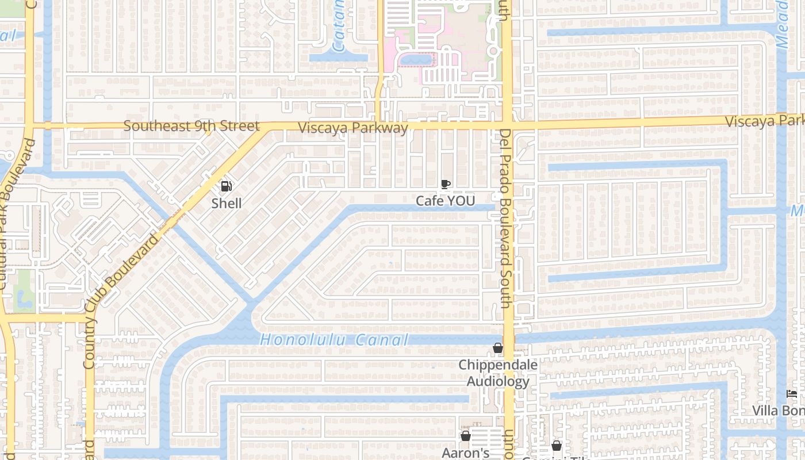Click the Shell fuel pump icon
pos(227,186)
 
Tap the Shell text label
pos(227,203)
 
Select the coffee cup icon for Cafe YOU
pos(445,185)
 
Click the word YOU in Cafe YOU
pos(461,201)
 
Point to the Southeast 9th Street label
pos(191,126)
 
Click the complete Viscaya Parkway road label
pos(352,128)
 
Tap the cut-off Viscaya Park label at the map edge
pos(764,121)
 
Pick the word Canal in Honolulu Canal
pos(382,340)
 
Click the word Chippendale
pos(498,365)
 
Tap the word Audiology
pos(498,381)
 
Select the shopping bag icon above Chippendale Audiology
pos(498,348)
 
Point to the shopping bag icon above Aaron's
pos(466,436)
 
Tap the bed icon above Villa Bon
pos(792,394)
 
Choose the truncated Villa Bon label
pos(779,411)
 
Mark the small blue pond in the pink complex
pos(416,59)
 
